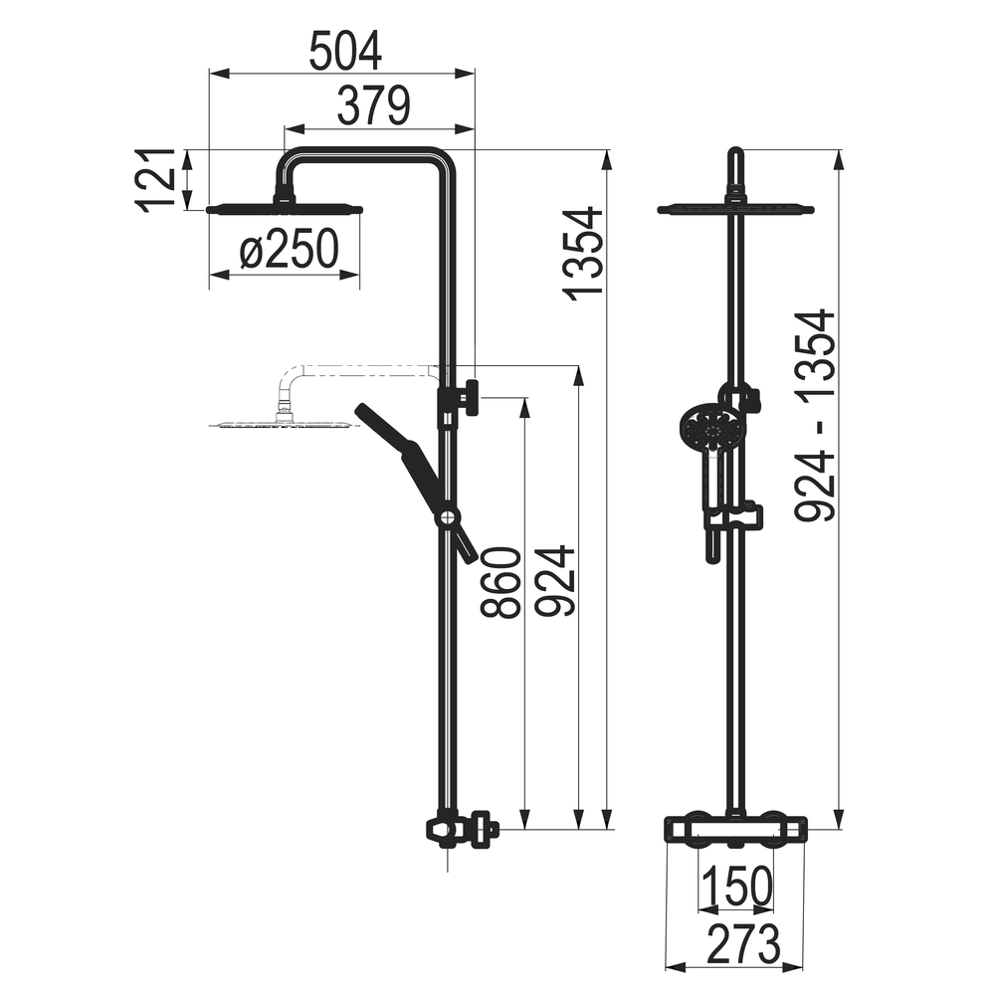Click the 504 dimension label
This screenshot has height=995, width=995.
pyautogui.click(x=345, y=51)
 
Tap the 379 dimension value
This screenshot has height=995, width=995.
pyautogui.click(x=374, y=105)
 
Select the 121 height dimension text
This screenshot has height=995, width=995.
pyautogui.click(x=155, y=179)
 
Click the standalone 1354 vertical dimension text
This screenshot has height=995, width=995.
pyautogui.click(x=584, y=253)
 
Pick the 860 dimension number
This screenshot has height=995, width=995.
pyautogui.click(x=501, y=582)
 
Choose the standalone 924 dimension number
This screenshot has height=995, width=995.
pyautogui.click(x=555, y=581)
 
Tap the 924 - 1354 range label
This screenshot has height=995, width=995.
pyautogui.click(x=815, y=415)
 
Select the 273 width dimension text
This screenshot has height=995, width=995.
pyautogui.click(x=742, y=944)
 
